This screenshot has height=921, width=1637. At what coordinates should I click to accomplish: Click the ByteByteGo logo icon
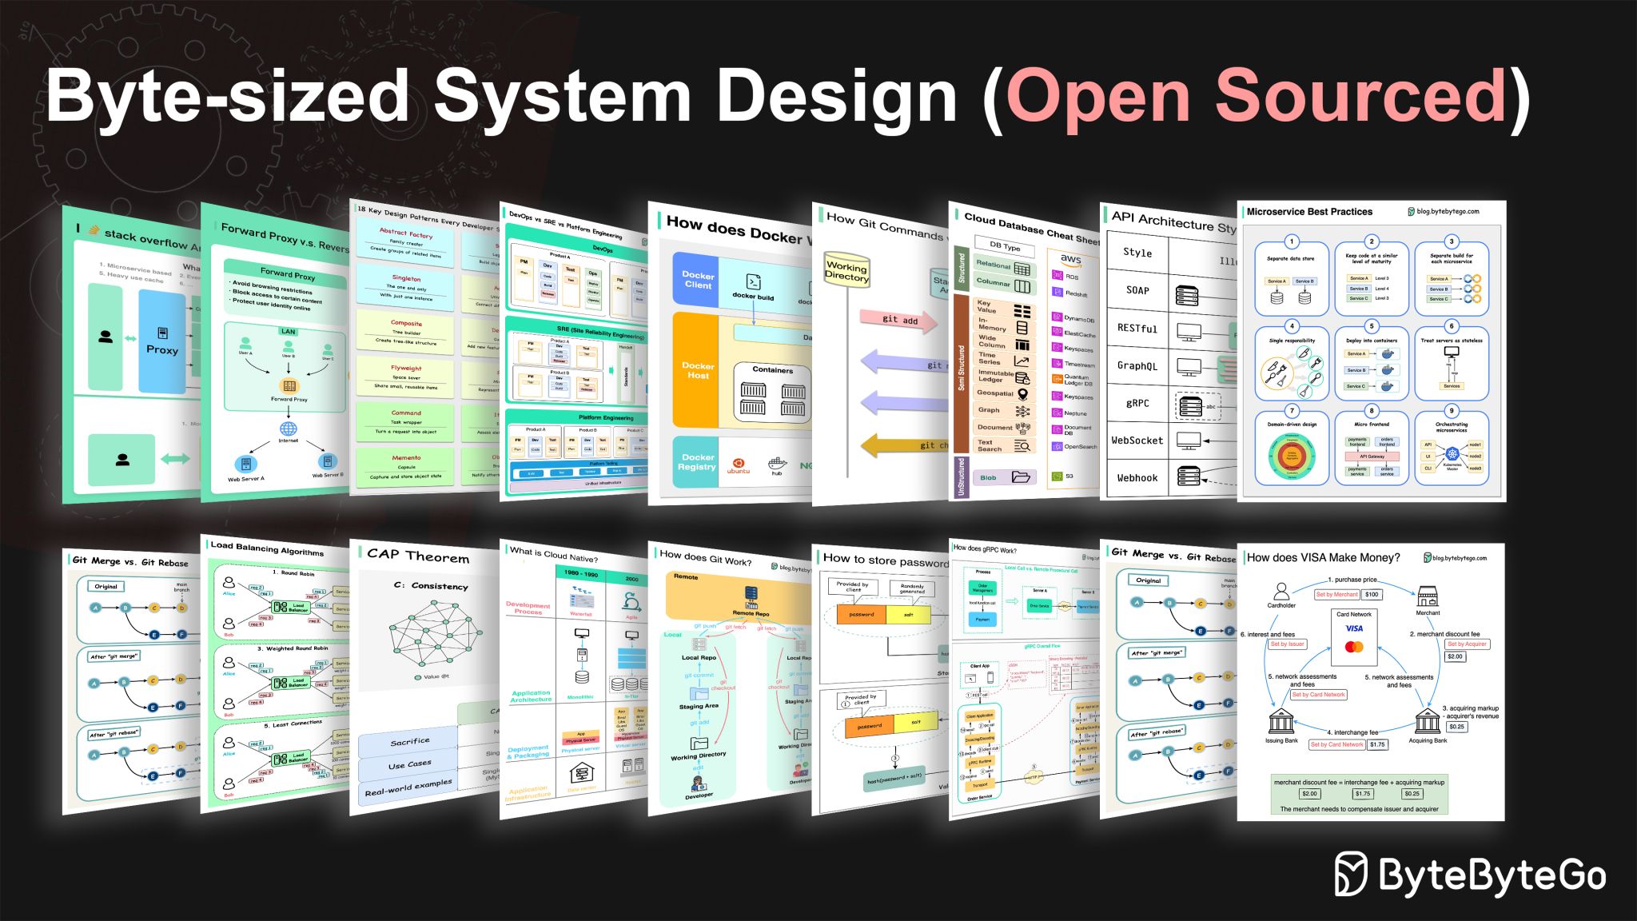(1352, 874)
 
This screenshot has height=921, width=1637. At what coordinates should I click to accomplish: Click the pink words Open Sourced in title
(1256, 96)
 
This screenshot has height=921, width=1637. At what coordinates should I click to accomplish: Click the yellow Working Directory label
(846, 272)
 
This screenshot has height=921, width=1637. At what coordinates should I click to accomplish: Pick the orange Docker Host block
(697, 370)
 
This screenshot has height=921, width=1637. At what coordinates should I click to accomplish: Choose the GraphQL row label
(1137, 366)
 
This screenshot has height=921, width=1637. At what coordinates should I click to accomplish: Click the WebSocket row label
(1137, 441)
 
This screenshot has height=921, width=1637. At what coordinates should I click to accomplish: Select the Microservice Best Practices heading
(1309, 212)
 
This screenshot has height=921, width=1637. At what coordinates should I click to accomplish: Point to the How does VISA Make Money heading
(1323, 558)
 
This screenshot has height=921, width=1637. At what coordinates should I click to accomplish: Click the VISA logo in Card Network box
(1354, 628)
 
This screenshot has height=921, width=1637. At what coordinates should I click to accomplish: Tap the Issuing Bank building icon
(1281, 722)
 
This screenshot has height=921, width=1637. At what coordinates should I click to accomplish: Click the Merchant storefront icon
(1428, 596)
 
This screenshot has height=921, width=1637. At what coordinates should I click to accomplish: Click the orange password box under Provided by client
(861, 615)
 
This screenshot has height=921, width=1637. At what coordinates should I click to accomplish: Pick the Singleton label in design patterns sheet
(406, 278)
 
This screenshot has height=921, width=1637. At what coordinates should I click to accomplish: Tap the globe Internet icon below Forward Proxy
(288, 429)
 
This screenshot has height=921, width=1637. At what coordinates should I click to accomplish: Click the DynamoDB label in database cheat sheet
(1079, 319)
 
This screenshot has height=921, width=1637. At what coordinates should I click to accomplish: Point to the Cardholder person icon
(1281, 592)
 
